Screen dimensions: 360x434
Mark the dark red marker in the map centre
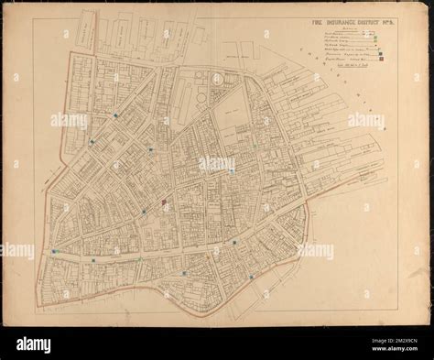[x=163, y=203]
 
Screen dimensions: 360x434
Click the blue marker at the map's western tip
[x=55, y=250]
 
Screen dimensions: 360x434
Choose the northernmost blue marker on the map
[x=115, y=115]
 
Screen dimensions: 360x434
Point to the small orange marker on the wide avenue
[x=209, y=257]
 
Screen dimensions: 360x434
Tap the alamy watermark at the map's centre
[x=217, y=164]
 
